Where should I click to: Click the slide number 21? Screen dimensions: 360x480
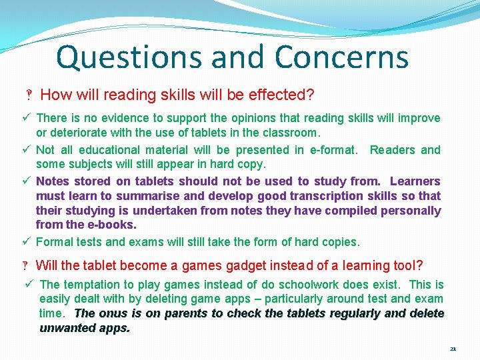click(453, 349)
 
